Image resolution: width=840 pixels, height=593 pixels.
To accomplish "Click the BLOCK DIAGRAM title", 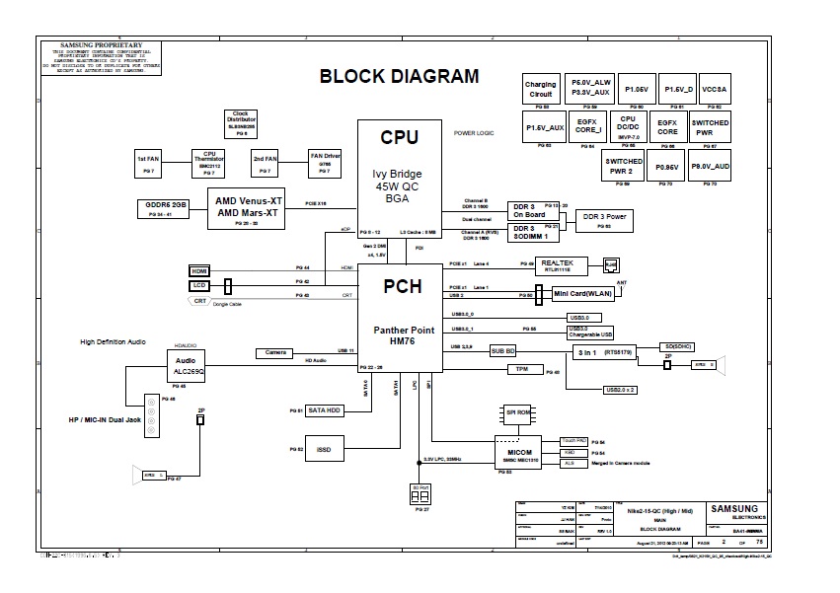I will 399,77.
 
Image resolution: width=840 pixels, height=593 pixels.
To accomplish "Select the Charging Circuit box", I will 540,89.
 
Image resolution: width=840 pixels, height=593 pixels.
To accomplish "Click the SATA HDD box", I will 325,409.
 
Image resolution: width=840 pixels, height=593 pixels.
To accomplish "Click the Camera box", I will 275,352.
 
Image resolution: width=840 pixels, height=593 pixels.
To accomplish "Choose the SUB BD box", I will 503,350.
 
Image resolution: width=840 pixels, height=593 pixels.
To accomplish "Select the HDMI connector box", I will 200,270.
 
